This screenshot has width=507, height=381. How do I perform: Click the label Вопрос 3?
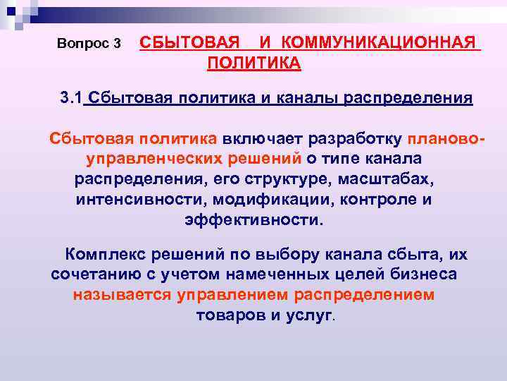89,44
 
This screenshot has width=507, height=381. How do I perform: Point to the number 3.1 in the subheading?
72,97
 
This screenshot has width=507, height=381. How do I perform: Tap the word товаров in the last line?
227,315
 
